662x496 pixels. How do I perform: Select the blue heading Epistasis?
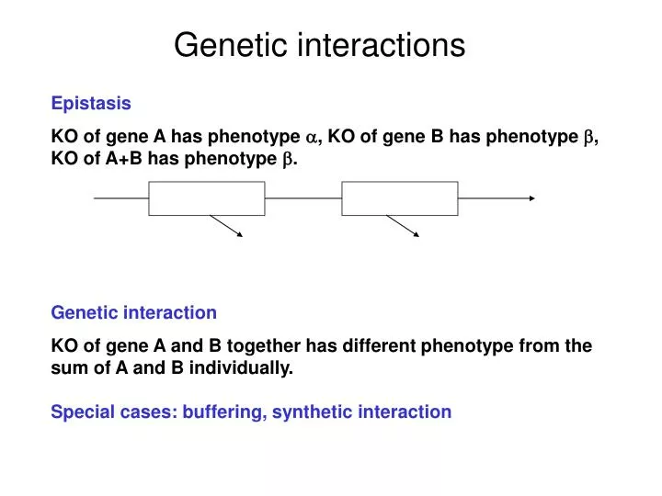(x=91, y=104)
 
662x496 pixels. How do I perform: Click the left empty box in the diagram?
(x=207, y=198)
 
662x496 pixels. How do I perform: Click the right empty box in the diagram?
(x=399, y=198)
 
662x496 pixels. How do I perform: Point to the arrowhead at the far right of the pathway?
(x=531, y=198)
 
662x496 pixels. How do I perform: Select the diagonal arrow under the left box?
(x=227, y=226)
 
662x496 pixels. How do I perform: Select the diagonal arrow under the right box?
(x=403, y=226)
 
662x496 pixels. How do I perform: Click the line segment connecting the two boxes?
(x=303, y=198)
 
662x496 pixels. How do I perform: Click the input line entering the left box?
(x=120, y=198)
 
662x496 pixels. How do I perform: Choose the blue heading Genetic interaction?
(x=134, y=312)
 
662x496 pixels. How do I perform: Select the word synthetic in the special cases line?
(x=314, y=412)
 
